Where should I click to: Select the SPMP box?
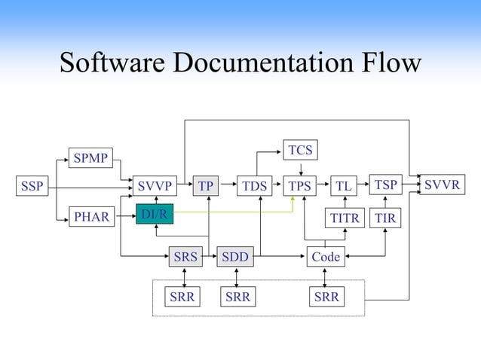[90, 157]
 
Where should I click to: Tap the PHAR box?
[90, 218]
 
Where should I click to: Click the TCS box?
[300, 151]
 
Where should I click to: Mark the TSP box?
[385, 185]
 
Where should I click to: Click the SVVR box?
[442, 185]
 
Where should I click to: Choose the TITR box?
[346, 218]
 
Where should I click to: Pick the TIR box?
[385, 218]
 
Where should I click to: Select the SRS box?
[185, 257]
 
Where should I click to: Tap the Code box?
[326, 257]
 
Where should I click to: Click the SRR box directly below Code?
[326, 297]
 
